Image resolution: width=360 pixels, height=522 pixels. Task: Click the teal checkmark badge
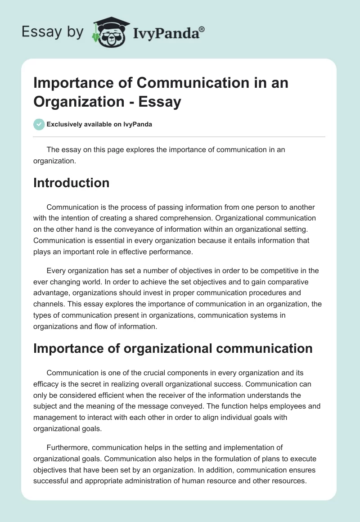point(39,124)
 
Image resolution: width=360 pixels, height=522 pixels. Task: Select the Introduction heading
point(71,183)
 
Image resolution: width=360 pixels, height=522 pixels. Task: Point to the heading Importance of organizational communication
point(173,348)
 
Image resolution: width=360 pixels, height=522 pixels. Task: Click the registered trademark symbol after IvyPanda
point(202,29)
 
